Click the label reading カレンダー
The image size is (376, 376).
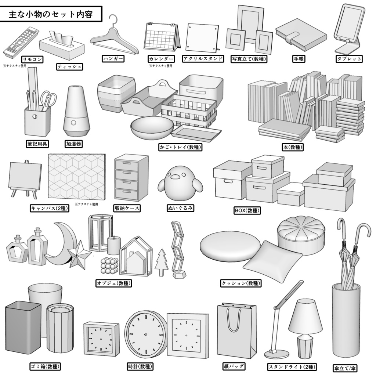(161, 59)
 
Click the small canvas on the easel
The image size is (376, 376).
(25, 176)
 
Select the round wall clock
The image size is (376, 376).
(145, 334)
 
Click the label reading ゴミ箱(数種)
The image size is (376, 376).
(45, 366)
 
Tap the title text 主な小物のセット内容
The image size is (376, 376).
(50, 15)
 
